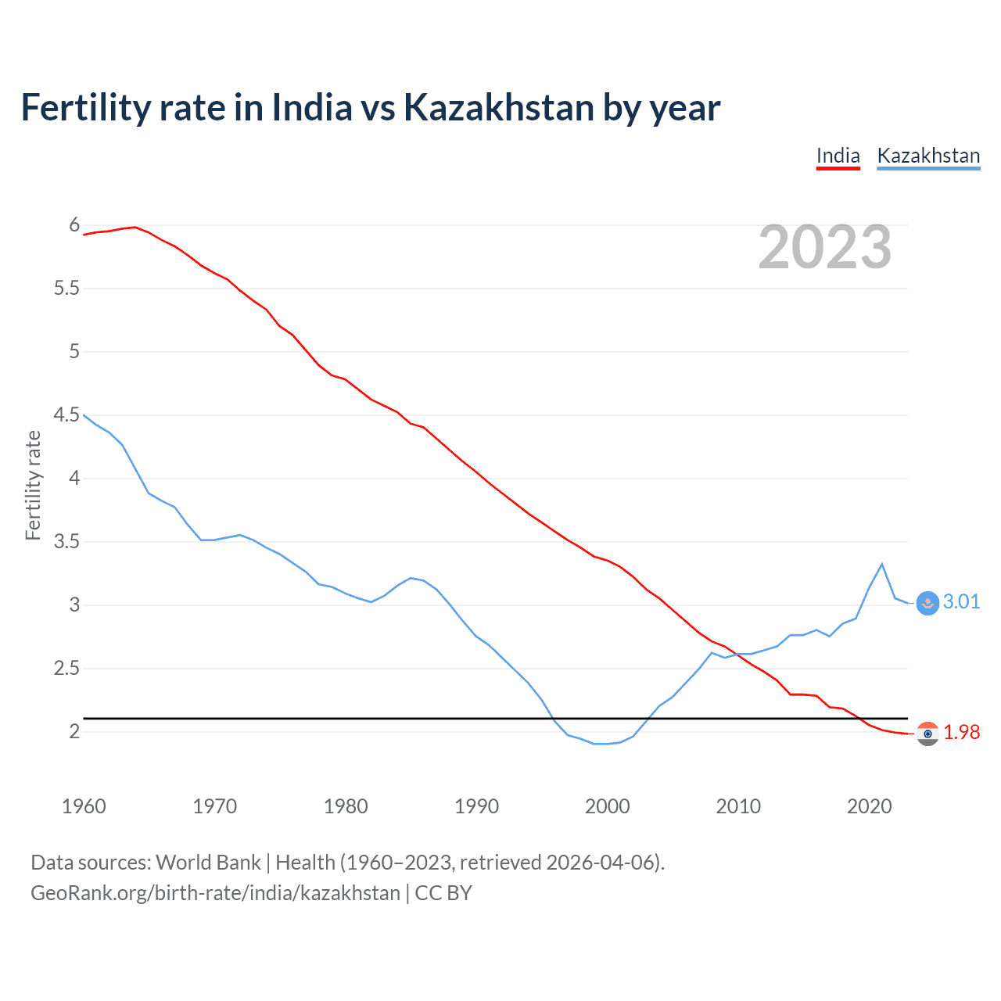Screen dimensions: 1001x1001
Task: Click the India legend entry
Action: pyautogui.click(x=838, y=156)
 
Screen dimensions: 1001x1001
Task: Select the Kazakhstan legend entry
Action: pyautogui.click(x=928, y=156)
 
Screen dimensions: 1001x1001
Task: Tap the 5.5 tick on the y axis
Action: pyautogui.click(x=66, y=289)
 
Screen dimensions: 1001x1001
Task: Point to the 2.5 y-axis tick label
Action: pyautogui.click(x=66, y=669)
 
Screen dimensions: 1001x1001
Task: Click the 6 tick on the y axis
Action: pyautogui.click(x=74, y=225)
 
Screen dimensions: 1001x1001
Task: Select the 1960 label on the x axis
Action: pyautogui.click(x=84, y=806)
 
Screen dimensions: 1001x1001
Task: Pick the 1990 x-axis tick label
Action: pyautogui.click(x=476, y=806)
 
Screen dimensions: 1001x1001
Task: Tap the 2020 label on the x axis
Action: pyautogui.click(x=869, y=806)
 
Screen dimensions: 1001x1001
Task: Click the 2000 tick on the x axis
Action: pyautogui.click(x=607, y=806)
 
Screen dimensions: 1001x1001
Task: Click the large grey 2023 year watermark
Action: pyautogui.click(x=824, y=247)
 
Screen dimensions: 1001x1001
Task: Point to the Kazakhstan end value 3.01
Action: pyautogui.click(x=961, y=601)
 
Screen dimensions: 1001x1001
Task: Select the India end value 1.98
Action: pyautogui.click(x=961, y=732)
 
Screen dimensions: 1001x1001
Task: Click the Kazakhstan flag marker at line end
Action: pyautogui.click(x=927, y=603)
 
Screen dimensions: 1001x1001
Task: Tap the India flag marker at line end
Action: pyautogui.click(x=927, y=734)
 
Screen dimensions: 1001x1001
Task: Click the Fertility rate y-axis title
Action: pyautogui.click(x=33, y=485)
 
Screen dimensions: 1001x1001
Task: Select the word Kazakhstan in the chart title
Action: pyautogui.click(x=497, y=107)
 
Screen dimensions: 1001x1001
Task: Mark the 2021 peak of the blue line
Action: pyautogui.click(x=882, y=564)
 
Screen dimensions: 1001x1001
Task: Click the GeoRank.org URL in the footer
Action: pyautogui.click(x=215, y=892)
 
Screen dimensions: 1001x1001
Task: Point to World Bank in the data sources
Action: pyautogui.click(x=208, y=862)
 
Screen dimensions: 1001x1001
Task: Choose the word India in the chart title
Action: pyautogui.click(x=312, y=107)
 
